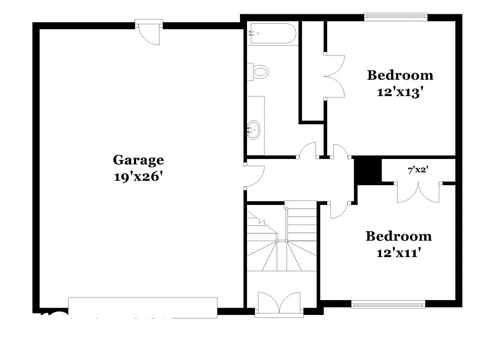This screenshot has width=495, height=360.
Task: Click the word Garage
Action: pyautogui.click(x=138, y=160)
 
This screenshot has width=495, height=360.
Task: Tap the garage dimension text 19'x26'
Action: pyautogui.click(x=138, y=176)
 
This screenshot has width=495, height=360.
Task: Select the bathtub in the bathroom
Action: pyautogui.click(x=272, y=34)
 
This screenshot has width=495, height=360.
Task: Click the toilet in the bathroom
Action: pyautogui.click(x=259, y=71)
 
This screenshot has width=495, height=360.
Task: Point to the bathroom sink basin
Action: pyautogui.click(x=254, y=129)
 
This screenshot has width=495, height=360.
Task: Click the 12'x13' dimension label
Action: pyautogui.click(x=399, y=92)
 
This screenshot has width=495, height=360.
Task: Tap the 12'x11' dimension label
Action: pyautogui.click(x=398, y=253)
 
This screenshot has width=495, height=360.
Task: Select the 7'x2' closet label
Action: pyautogui.click(x=418, y=170)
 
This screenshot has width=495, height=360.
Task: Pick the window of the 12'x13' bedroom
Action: pyautogui.click(x=396, y=16)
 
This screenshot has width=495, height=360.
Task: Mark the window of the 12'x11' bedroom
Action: pyautogui.click(x=388, y=304)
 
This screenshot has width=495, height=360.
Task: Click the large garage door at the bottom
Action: pyautogui.click(x=143, y=307)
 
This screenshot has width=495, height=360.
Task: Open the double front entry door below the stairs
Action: pyautogui.click(x=279, y=303)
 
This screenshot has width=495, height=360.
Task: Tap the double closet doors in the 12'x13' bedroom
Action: pyautogui.click(x=334, y=76)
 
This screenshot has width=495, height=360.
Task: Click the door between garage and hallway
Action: pyautogui.click(x=254, y=175)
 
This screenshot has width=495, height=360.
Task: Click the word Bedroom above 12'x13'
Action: pyautogui.click(x=400, y=75)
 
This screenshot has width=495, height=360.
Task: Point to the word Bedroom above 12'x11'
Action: pyautogui.click(x=398, y=236)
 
